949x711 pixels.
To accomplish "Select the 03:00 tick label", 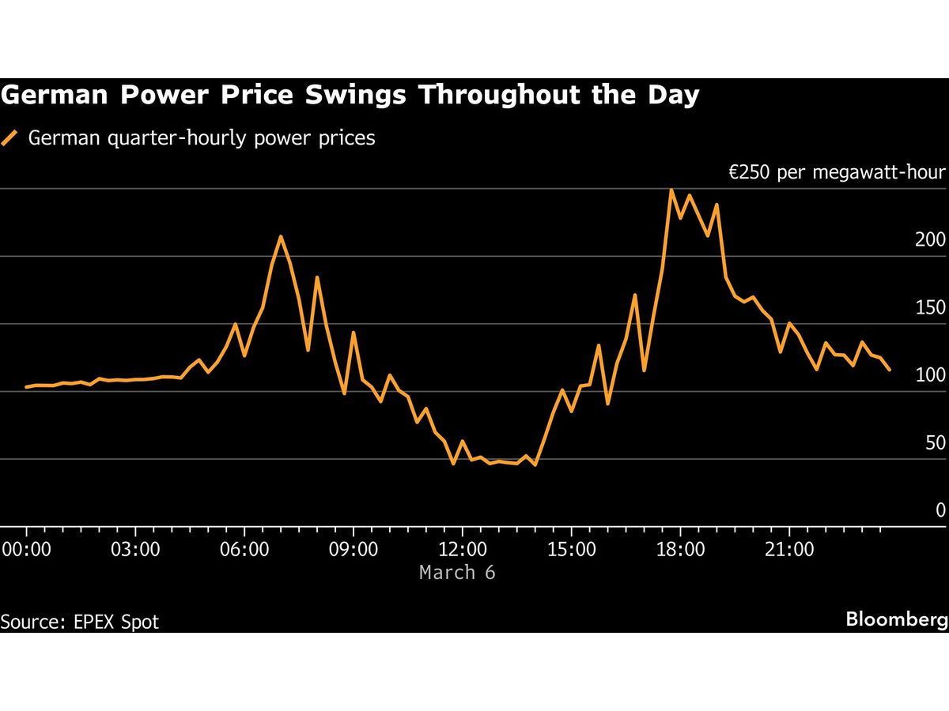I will coord(136,548).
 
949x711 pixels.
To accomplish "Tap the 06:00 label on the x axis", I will coord(244,548).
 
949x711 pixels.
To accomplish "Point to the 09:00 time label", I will coord(354,548).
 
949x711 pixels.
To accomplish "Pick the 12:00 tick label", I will coord(463,548).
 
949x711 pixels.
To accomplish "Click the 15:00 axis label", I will coord(572,548).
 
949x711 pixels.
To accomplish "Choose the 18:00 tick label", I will coord(681,548).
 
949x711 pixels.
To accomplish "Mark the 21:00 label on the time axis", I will coord(790,548).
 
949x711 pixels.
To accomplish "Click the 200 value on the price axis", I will coord(930,240).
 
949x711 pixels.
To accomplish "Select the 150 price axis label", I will coord(930,307).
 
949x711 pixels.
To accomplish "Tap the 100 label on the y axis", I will coord(930,375).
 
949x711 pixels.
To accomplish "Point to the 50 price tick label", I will coord(935,443).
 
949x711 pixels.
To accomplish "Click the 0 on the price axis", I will coord(940,510).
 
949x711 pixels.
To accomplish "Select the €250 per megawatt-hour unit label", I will coord(837,173).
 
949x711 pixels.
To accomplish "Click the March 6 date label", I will coord(457,572).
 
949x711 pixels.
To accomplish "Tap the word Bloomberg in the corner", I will coord(897,619).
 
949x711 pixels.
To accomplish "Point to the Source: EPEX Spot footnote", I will coord(80,622).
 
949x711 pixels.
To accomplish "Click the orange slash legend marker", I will coord(10,138).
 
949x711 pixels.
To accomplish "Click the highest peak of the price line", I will coord(671,190).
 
